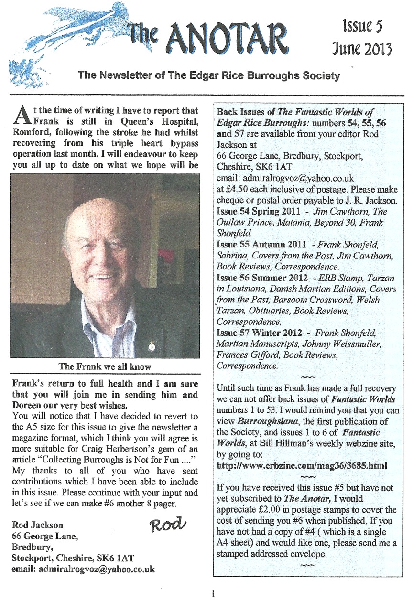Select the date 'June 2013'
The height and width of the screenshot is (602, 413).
pyautogui.click(x=362, y=49)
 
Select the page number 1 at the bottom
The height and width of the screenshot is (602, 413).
pyautogui.click(x=213, y=594)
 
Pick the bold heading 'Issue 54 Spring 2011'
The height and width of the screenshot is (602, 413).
pyautogui.click(x=261, y=211)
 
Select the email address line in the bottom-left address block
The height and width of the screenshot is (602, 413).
pyautogui.click(x=84, y=570)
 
